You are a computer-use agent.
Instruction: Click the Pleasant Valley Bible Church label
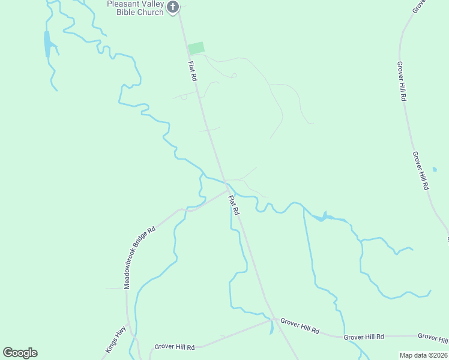click(135, 8)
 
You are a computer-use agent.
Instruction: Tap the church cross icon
click(173, 7)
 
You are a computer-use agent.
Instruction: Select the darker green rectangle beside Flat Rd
click(196, 48)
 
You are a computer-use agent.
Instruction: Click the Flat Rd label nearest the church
click(193, 71)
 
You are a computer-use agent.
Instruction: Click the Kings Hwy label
click(116, 338)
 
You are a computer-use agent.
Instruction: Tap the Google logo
click(20, 353)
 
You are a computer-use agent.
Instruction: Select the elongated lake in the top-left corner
click(47, 43)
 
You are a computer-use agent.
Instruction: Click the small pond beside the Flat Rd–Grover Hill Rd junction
click(271, 328)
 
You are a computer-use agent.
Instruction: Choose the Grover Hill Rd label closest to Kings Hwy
click(175, 347)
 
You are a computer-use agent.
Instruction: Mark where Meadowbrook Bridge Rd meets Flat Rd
click(228, 190)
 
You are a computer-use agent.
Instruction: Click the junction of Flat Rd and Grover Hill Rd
click(272, 320)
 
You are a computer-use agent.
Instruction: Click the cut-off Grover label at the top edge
click(418, 6)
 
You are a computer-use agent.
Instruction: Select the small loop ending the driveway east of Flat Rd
click(234, 75)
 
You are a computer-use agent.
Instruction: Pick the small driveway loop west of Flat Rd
click(184, 97)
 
